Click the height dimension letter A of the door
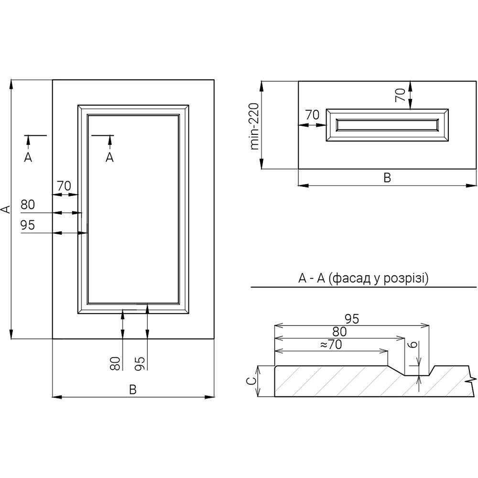point(5,209)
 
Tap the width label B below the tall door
point(133,390)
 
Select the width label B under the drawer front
point(387,178)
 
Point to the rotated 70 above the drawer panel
point(401,95)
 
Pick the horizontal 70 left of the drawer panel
point(312,115)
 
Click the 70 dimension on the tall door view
point(64,185)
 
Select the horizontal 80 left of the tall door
point(28,205)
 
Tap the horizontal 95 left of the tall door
point(28,225)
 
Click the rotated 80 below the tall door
point(115,363)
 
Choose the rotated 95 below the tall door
point(140,363)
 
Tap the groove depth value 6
point(414,344)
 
